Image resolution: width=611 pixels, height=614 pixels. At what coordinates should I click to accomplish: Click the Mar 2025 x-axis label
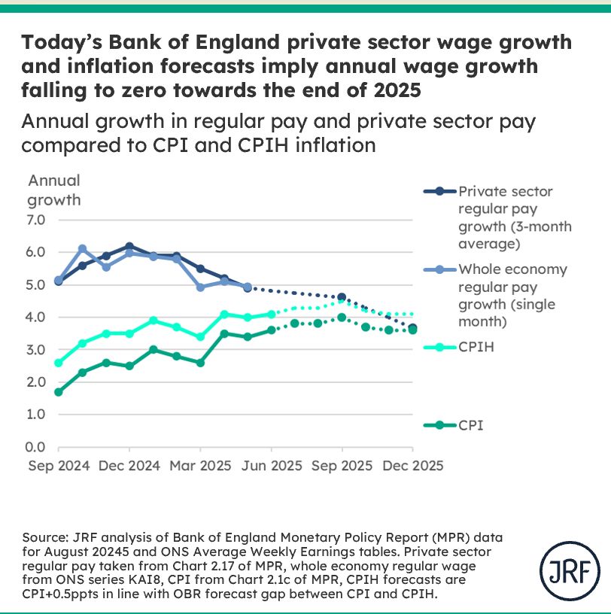199,465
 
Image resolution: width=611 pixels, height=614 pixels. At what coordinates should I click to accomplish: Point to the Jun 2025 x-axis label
271,465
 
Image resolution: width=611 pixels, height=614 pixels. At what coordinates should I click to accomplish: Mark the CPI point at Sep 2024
59,392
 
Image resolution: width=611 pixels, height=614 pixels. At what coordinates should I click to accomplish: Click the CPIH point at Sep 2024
59,363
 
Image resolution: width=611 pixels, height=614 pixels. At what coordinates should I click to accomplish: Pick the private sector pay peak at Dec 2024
129,246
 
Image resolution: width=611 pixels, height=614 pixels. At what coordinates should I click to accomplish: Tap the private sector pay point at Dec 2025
412,327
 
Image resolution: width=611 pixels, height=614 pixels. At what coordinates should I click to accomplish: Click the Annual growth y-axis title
53,190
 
